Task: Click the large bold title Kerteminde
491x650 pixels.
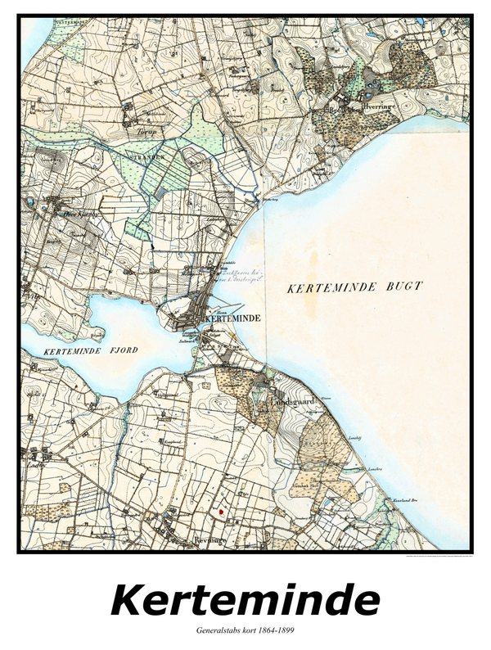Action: [245, 600]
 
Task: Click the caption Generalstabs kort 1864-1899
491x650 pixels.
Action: [245, 631]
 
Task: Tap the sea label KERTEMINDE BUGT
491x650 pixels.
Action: [355, 287]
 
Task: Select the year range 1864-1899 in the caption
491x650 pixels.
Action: [273, 631]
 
